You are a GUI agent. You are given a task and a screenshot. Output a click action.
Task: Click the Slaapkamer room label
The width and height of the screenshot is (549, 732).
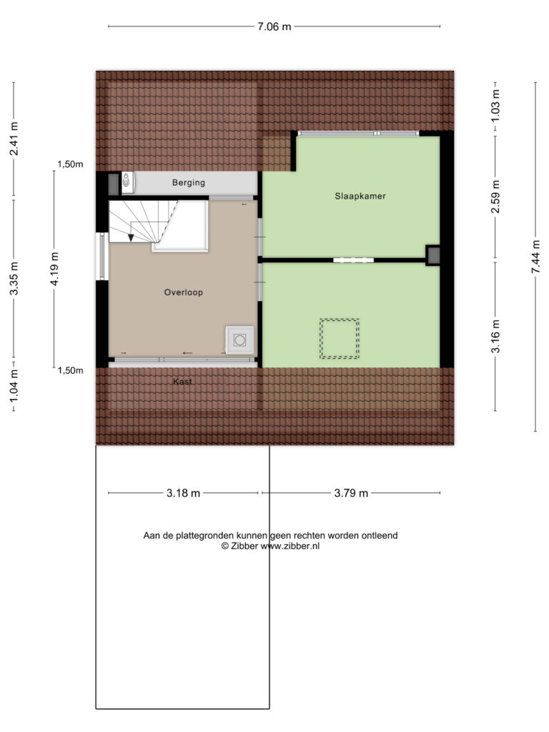pyautogui.click(x=360, y=196)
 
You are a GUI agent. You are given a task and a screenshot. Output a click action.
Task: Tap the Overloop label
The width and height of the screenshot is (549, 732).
pyautogui.click(x=184, y=292)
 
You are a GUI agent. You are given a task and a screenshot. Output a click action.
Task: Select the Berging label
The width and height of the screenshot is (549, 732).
pyautogui.click(x=189, y=182)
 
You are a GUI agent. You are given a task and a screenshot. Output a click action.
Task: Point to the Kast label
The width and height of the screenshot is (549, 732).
pyautogui.click(x=182, y=382)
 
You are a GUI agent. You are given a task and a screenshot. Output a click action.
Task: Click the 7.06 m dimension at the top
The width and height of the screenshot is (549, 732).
pyautogui.click(x=274, y=26)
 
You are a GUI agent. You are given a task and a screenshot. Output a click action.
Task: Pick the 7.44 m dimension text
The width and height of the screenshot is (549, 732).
pyautogui.click(x=536, y=257)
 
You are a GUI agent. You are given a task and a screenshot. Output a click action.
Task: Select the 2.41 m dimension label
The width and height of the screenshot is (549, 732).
pyautogui.click(x=14, y=139)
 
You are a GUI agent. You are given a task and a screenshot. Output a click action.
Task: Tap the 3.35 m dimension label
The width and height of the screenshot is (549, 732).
pyautogui.click(x=14, y=278)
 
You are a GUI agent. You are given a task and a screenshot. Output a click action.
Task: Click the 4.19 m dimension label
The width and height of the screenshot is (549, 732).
pyautogui.click(x=54, y=269)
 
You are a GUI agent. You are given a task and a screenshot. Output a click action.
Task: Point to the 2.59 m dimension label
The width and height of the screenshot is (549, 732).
pyautogui.click(x=496, y=197)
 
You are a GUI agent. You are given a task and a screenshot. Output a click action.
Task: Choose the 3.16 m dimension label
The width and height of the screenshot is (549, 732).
pyautogui.click(x=496, y=336)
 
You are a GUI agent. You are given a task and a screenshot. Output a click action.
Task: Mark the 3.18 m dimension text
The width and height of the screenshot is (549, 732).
pyautogui.click(x=184, y=493)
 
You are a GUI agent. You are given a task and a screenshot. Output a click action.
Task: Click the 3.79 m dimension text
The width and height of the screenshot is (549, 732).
pyautogui.click(x=351, y=493)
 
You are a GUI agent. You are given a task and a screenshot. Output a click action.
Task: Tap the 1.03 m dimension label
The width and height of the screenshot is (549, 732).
pyautogui.click(x=496, y=106)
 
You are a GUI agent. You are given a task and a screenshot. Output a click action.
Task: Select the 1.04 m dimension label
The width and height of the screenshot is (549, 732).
pyautogui.click(x=14, y=385)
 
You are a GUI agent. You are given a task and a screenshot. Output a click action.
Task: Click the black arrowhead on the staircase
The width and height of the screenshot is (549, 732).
pyautogui.click(x=132, y=238)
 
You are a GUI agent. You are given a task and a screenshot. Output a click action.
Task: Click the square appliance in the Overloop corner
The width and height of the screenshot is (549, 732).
pyautogui.click(x=240, y=340)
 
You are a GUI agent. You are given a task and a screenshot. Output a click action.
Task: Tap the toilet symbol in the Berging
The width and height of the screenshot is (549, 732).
pyautogui.click(x=128, y=182)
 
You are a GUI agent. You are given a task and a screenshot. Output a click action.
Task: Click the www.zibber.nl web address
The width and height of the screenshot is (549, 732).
pyautogui.click(x=290, y=546)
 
